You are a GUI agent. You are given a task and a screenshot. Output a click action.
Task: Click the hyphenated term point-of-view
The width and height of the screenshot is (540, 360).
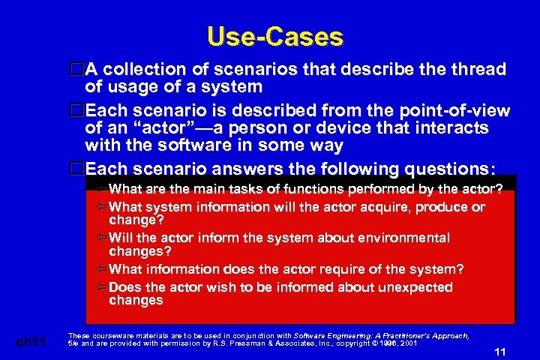(x=458, y=112)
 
